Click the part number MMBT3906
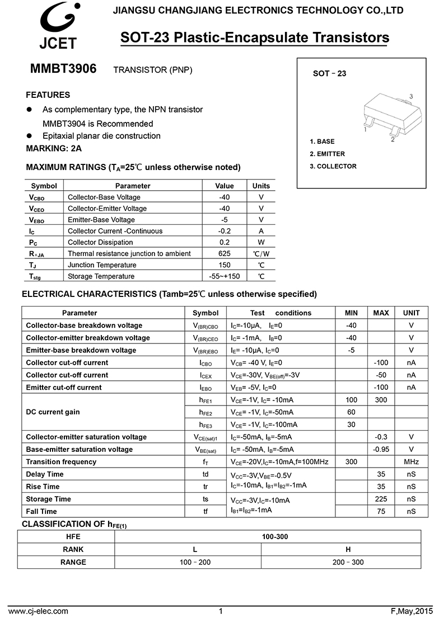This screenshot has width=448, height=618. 63,69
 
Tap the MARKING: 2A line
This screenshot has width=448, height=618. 54,148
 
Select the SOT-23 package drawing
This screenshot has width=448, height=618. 388,116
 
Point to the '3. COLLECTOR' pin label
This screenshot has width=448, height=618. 333,166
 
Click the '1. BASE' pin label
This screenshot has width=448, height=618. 322,141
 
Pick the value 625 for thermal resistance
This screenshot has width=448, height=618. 225,253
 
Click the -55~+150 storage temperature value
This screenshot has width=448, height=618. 225,276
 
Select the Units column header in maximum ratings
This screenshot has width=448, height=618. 261,186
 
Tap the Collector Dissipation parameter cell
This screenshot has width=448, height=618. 100,242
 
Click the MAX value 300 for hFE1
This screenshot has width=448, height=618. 381,400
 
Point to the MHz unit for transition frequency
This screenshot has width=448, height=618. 411,462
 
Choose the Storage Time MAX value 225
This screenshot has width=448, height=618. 381,499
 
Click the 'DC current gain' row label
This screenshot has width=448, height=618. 53,412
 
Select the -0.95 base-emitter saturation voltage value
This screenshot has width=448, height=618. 381,450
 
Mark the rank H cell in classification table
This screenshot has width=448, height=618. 341,549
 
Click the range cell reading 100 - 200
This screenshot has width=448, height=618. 195,562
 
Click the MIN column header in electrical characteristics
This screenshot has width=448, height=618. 351,313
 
